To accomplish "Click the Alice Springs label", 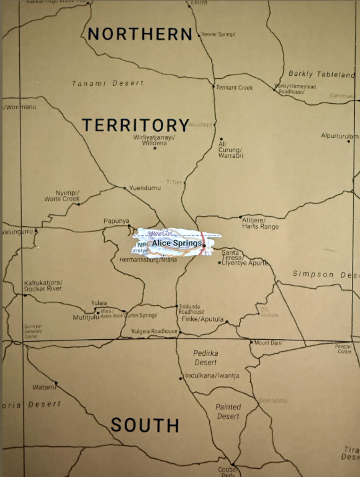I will point(176,243).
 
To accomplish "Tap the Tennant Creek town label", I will point(235,88).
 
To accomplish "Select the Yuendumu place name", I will point(145,188).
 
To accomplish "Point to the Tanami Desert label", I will point(107,83).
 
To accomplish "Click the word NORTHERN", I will point(140,34).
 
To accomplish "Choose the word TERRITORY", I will point(135,125).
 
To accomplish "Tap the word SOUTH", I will point(145,425).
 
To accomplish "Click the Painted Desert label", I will point(228,412).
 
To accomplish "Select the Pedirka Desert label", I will point(205,357).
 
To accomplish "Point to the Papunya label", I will point(116,221).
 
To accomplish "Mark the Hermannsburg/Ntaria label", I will point(148,260).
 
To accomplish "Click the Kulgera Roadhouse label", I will point(155,332).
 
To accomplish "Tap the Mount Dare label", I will point(268,343).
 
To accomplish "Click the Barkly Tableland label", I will point(322,74).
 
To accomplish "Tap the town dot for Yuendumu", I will point(125,188).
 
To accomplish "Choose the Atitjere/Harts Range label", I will point(261,222).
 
